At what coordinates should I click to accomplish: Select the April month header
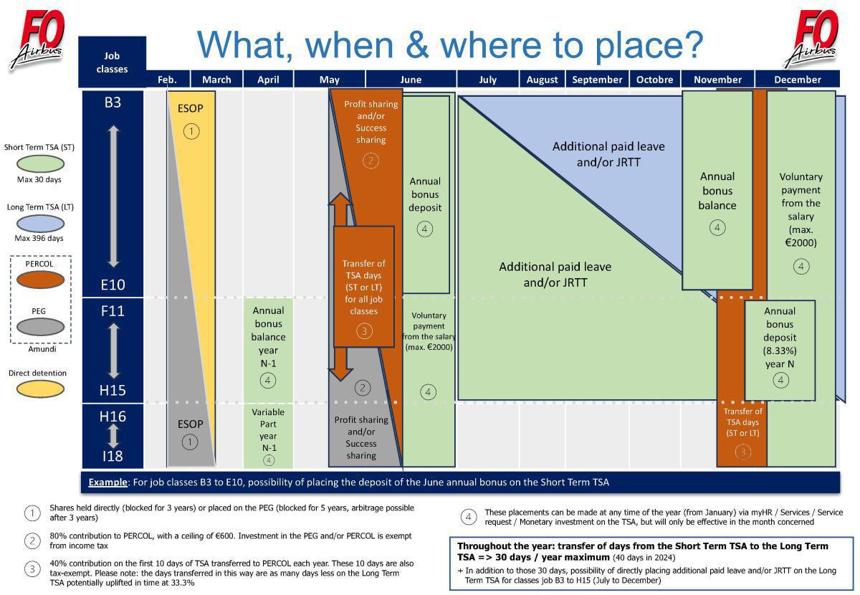click(268, 80)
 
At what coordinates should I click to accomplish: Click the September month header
click(596, 80)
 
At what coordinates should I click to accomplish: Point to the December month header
click(798, 80)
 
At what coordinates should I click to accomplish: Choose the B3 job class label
click(113, 103)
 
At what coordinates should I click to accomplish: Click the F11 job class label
click(113, 311)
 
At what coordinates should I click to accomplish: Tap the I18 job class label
click(113, 456)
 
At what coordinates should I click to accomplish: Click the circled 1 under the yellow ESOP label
click(191, 131)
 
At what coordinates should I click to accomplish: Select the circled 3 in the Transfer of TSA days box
click(364, 331)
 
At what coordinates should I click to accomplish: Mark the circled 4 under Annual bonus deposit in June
click(425, 229)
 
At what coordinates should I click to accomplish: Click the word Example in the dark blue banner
click(107, 482)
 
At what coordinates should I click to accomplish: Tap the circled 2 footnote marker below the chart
click(32, 541)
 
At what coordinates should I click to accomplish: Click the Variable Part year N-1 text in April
click(268, 430)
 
